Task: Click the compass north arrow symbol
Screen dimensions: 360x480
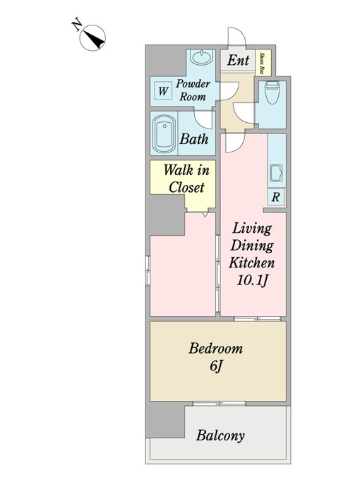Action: pyautogui.click(x=92, y=38)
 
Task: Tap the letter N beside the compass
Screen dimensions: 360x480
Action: pyautogui.click(x=76, y=25)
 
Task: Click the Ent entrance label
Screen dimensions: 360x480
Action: pyautogui.click(x=238, y=60)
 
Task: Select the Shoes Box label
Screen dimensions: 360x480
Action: pyautogui.click(x=263, y=63)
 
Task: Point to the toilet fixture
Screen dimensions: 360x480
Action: pyautogui.click(x=272, y=92)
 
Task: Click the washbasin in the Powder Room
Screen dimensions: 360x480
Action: pyautogui.click(x=201, y=57)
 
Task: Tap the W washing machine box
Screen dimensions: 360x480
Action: pyautogui.click(x=163, y=91)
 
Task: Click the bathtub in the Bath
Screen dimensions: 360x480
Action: pyautogui.click(x=164, y=133)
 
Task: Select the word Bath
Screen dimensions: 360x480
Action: pyautogui.click(x=194, y=139)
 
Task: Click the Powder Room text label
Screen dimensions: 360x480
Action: pyautogui.click(x=193, y=90)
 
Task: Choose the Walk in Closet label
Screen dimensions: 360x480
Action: pyautogui.click(x=186, y=179)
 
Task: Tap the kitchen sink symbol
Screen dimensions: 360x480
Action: pyautogui.click(x=277, y=173)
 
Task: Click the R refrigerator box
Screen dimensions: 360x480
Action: pyautogui.click(x=276, y=197)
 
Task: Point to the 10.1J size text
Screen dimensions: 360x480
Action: pyautogui.click(x=252, y=280)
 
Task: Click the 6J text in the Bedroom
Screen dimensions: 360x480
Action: pyautogui.click(x=215, y=366)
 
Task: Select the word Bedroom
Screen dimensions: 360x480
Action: pyautogui.click(x=215, y=349)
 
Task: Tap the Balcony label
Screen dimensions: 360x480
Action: pyautogui.click(x=220, y=436)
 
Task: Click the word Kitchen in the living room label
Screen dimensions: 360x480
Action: pyautogui.click(x=252, y=263)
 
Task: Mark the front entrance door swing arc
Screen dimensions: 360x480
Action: pyautogui.click(x=237, y=36)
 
